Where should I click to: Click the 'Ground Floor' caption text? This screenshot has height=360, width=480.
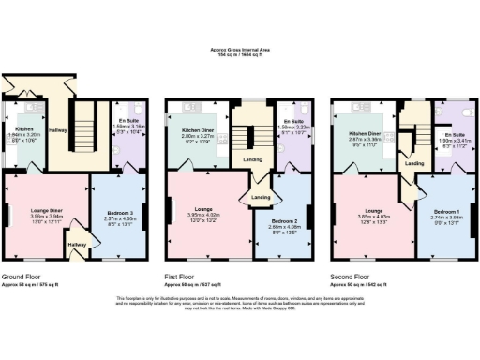click(22, 278)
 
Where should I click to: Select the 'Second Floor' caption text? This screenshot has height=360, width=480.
click(350, 278)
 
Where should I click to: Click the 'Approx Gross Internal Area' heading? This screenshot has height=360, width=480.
click(239, 52)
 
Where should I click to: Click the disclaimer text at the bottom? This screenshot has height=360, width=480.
click(239, 302)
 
